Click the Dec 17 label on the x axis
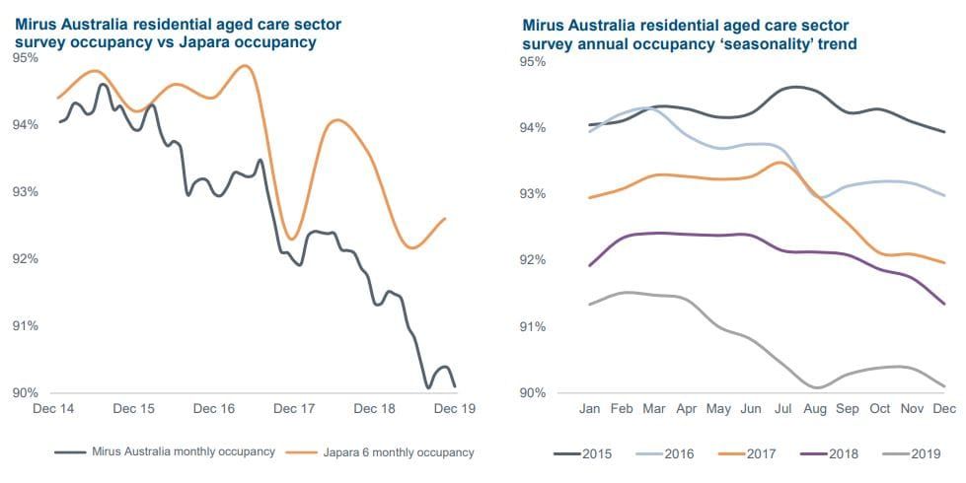click(293, 408)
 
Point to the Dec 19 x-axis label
click(455, 408)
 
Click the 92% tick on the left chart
click(26, 259)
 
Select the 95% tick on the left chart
click(26, 58)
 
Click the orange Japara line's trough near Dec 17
click(291, 239)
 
